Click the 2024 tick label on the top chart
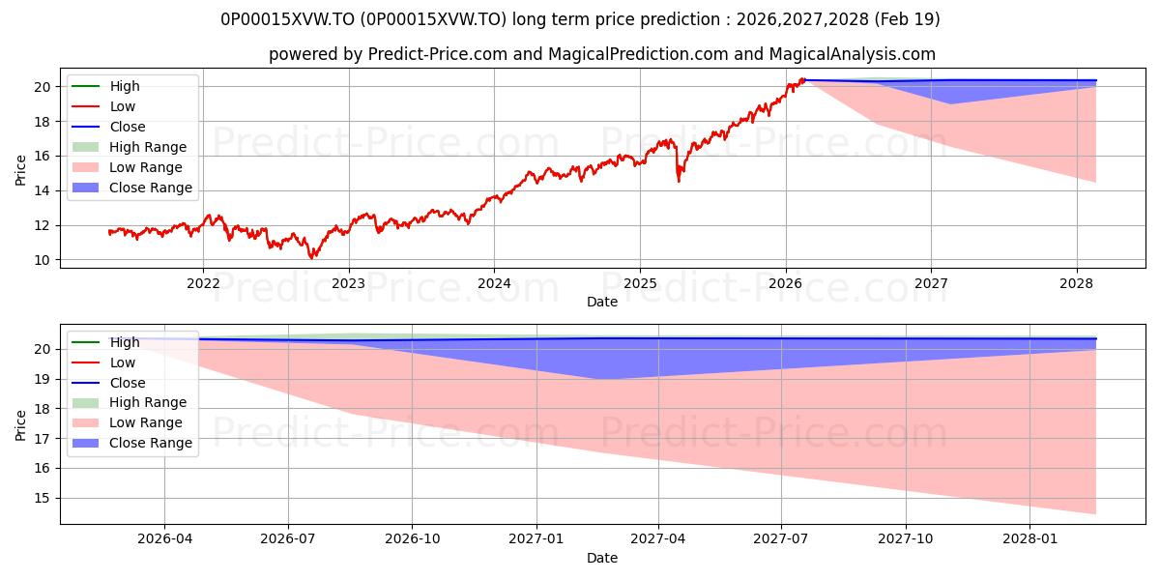pos(494,283)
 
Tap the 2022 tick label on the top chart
pos(203,283)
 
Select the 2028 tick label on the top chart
pos(1077,283)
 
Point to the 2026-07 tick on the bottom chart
pos(288,539)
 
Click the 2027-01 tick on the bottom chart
pos(536,539)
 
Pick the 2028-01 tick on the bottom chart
pos(1030,539)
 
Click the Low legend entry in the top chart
pos(122,106)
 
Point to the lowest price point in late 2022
pos(311,257)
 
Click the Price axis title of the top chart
pos(20,170)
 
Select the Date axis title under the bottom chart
pos(601,558)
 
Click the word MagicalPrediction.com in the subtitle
pos(638,54)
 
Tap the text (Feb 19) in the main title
pos(907,19)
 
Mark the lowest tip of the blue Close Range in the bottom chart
pos(596,379)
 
